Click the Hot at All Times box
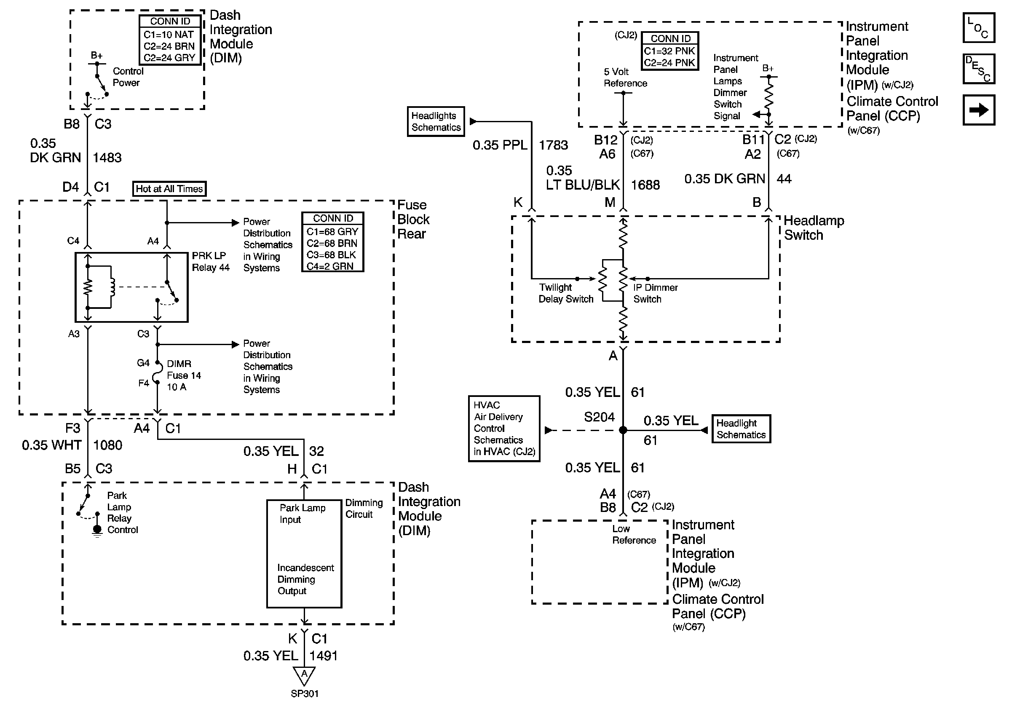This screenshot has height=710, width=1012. pos(169,189)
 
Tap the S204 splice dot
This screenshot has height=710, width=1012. pos(623,430)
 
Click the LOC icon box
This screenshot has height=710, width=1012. pos(978,28)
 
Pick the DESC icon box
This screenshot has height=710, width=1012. pos(978,69)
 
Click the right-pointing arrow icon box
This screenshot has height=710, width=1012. pos(978,110)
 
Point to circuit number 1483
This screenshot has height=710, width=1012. pos(107,157)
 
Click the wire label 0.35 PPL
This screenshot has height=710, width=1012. pos(500,145)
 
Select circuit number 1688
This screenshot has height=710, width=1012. pos(645,185)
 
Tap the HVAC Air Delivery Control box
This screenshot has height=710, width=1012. pos(504,429)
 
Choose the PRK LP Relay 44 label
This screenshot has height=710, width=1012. pos(211,261)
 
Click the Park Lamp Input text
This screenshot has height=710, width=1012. pos(303,514)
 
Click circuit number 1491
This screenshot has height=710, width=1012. pos(324,656)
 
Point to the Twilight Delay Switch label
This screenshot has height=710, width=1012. pos(566,293)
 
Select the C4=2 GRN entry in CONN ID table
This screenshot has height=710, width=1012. pos(330,266)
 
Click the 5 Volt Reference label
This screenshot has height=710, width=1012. pos(626,77)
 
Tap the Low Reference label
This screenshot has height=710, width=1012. pos(634,534)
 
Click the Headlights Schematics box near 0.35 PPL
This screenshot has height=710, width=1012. pos(436,121)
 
